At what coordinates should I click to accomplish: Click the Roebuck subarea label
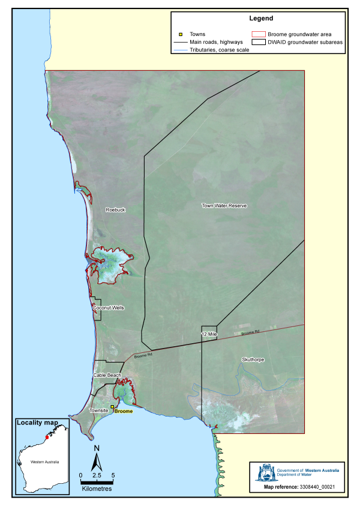click(x=115, y=209)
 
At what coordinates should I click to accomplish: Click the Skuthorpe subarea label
click(x=253, y=360)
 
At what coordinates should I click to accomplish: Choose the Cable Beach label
click(x=107, y=375)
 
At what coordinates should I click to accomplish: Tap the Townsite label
click(x=98, y=411)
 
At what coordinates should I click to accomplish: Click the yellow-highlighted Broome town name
click(x=123, y=411)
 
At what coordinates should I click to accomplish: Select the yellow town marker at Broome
click(x=112, y=406)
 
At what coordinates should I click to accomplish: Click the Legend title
click(x=258, y=19)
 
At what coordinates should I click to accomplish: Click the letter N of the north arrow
click(x=97, y=448)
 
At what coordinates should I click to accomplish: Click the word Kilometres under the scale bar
click(x=97, y=488)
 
